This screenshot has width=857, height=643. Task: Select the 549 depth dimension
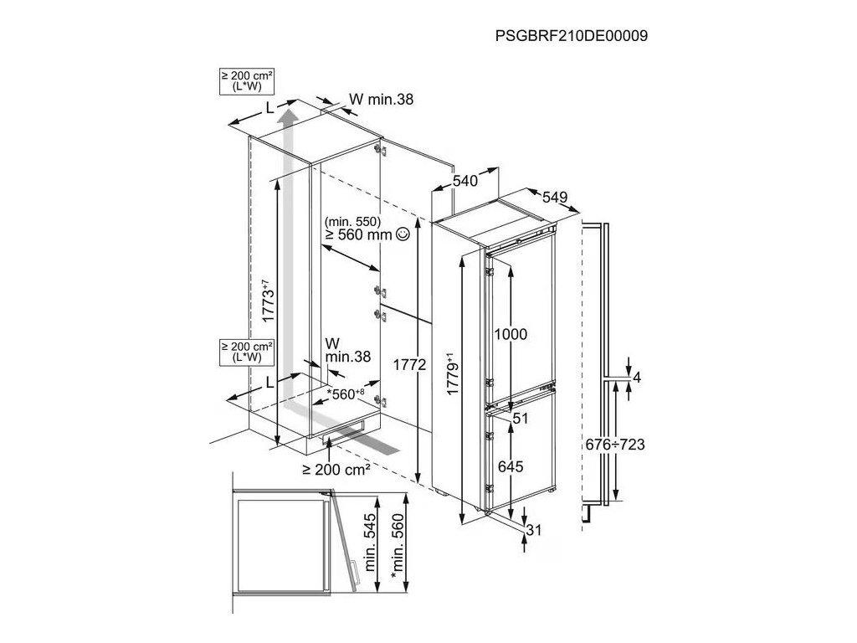[x=555, y=198]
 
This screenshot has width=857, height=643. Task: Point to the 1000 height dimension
[x=510, y=334]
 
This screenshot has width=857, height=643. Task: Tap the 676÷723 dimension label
[x=614, y=445]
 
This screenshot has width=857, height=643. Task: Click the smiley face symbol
[x=403, y=235]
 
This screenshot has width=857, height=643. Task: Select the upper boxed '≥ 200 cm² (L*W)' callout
[x=244, y=82]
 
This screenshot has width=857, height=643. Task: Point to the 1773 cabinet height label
[x=267, y=302]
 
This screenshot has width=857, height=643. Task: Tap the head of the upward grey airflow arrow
[x=287, y=113]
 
